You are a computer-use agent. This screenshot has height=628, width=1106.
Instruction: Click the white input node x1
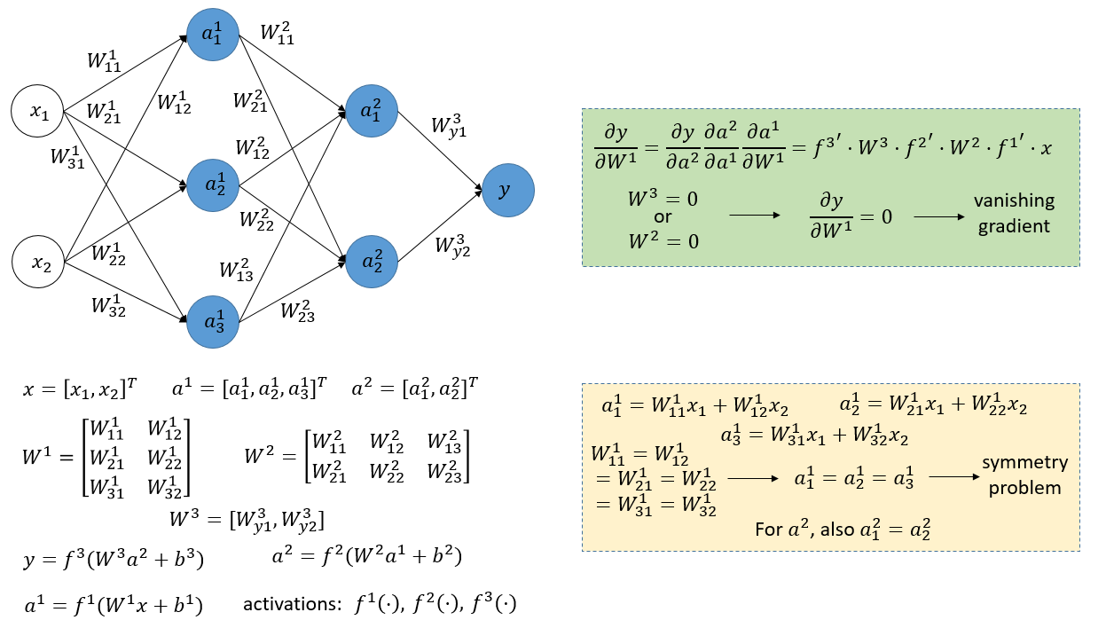pos(38,113)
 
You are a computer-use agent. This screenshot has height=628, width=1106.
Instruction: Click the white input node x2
pos(38,263)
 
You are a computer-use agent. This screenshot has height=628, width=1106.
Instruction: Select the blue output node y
pos(508,191)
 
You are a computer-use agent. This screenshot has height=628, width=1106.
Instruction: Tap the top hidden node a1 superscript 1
pos(213,35)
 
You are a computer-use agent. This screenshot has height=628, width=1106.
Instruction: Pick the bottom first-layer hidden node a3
pos(213,321)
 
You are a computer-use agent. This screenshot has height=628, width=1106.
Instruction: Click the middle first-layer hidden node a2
pos(213,185)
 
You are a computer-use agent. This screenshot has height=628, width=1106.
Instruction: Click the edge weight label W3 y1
pos(450,125)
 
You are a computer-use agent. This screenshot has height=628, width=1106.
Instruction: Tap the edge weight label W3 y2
pos(451,245)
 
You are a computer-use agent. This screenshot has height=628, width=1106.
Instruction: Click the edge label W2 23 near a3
pos(298,310)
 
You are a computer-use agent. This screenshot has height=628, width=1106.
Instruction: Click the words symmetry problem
pos(1024,475)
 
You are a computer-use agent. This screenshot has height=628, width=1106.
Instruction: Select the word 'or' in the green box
pos(661,218)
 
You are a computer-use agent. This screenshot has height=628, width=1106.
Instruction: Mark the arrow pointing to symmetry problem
pos(953,477)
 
